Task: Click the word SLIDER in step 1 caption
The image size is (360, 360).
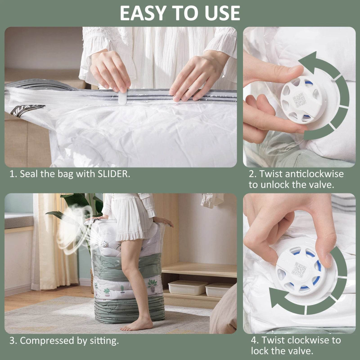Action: (114, 174)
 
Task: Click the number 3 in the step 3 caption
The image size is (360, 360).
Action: (13, 340)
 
